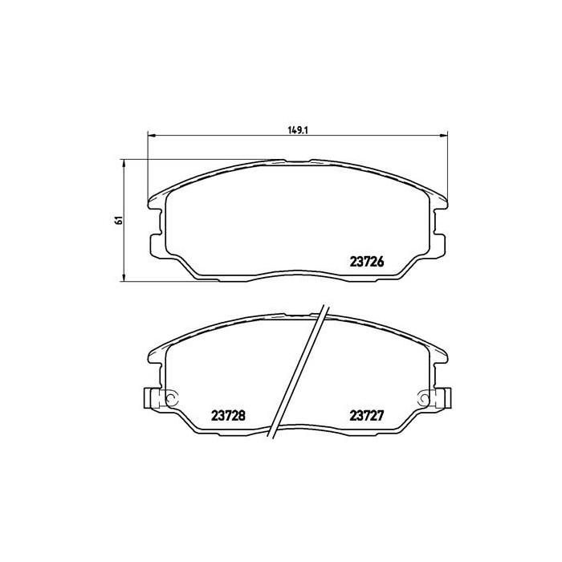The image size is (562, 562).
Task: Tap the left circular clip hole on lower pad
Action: (x=169, y=397)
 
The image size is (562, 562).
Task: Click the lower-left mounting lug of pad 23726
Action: (x=154, y=242)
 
